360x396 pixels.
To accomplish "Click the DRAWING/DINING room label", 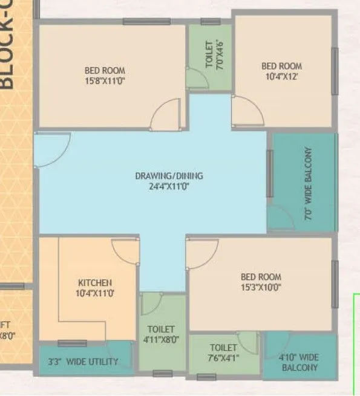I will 169,176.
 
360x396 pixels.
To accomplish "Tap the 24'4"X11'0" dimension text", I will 169,186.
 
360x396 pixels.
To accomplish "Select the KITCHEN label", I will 95,282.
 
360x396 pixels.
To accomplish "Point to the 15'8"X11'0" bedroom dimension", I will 106,80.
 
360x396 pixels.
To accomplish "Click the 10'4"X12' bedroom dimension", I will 281,77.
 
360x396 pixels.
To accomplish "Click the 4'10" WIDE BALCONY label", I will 299,362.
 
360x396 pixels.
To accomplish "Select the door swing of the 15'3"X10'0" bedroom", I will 202,253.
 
